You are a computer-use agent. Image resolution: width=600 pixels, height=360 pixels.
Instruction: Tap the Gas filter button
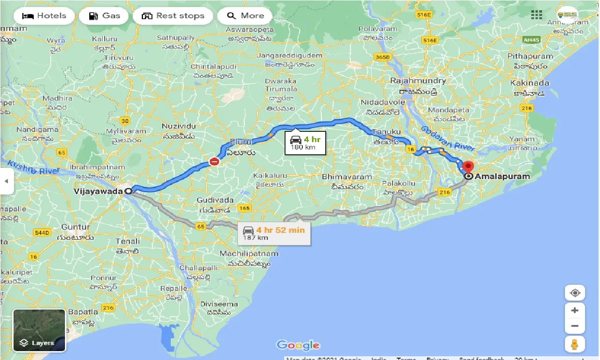pos(104,16)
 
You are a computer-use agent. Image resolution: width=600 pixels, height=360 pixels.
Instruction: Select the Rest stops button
pos(173,16)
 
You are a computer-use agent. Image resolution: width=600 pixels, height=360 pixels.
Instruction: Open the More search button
pos(245,16)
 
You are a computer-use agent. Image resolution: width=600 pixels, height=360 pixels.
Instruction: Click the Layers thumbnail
pos(39,330)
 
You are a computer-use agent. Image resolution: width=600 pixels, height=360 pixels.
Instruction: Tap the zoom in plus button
pos(575,310)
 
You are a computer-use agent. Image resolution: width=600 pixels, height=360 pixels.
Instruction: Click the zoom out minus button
pos(575,326)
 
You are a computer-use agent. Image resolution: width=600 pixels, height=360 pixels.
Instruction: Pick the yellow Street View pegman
pos(575,344)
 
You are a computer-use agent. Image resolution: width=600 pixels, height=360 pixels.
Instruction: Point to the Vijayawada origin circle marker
pos(128,191)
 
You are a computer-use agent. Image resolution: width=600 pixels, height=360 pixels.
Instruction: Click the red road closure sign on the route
pos(214,162)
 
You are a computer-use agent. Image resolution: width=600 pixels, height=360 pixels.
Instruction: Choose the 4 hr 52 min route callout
pos(274,233)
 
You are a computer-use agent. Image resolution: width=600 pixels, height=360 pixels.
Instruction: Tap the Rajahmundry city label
pos(418,80)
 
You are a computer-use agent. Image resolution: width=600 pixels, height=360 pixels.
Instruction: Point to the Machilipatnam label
pos(249,253)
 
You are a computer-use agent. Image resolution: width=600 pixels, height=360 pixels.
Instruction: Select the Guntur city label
pos(75,227)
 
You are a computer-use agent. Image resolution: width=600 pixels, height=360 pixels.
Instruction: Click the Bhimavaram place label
pos(347,177)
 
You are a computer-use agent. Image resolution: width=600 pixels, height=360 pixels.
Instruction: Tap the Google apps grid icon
pos(536,15)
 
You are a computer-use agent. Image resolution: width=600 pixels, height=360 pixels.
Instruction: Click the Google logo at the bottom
pos(298,346)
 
